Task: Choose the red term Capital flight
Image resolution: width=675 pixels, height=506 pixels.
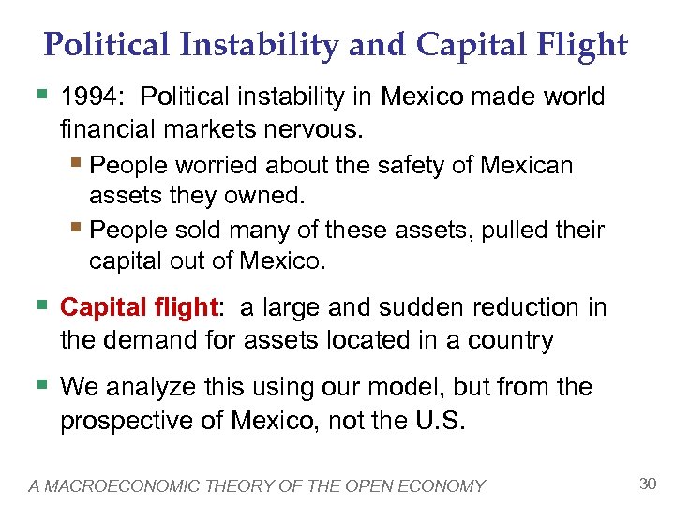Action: pyautogui.click(x=138, y=307)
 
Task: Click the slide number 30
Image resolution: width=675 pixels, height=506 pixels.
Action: pyautogui.click(x=646, y=484)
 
